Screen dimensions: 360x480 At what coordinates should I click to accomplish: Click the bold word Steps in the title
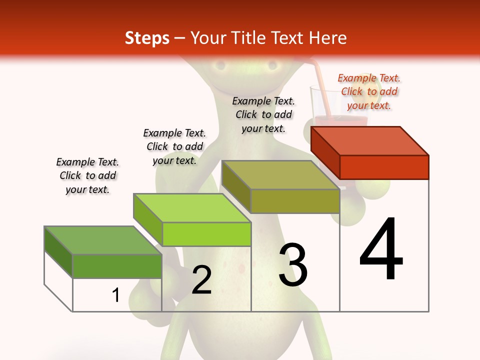click(147, 38)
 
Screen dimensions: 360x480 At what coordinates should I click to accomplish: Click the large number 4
click(381, 249)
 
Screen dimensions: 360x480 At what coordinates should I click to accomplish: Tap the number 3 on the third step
click(293, 265)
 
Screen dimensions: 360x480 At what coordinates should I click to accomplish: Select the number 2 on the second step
click(201, 280)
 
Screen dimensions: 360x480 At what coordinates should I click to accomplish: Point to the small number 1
click(116, 295)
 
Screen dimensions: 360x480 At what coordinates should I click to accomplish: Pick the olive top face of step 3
click(280, 175)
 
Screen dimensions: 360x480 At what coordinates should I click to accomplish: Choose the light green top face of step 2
click(192, 208)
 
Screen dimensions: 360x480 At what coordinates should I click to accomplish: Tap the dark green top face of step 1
click(103, 240)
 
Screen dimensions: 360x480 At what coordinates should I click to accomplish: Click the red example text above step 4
click(369, 92)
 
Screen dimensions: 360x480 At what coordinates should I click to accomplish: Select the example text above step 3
click(263, 115)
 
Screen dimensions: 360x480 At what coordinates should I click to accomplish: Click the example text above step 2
click(174, 146)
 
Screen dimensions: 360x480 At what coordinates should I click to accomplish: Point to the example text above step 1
click(87, 176)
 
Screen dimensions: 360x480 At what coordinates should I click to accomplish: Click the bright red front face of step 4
click(384, 167)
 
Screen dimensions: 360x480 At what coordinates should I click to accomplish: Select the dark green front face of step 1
click(117, 266)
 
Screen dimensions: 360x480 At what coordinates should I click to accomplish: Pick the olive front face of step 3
click(295, 201)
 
